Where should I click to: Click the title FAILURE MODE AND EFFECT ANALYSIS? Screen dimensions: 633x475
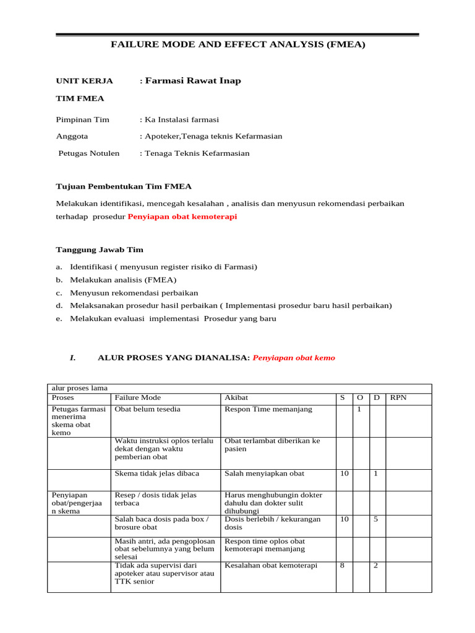tap(237, 45)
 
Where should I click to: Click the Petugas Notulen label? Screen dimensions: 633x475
tap(88, 153)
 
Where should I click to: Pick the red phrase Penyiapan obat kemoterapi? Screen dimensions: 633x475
tap(182, 217)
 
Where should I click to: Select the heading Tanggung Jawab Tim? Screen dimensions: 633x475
tap(100, 250)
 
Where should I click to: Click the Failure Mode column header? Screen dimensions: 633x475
tap(137, 398)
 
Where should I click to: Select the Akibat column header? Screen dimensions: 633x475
tap(236, 398)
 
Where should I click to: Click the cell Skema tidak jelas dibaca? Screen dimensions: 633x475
tap(156, 474)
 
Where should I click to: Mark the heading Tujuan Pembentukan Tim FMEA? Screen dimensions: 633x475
tap(124, 186)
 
